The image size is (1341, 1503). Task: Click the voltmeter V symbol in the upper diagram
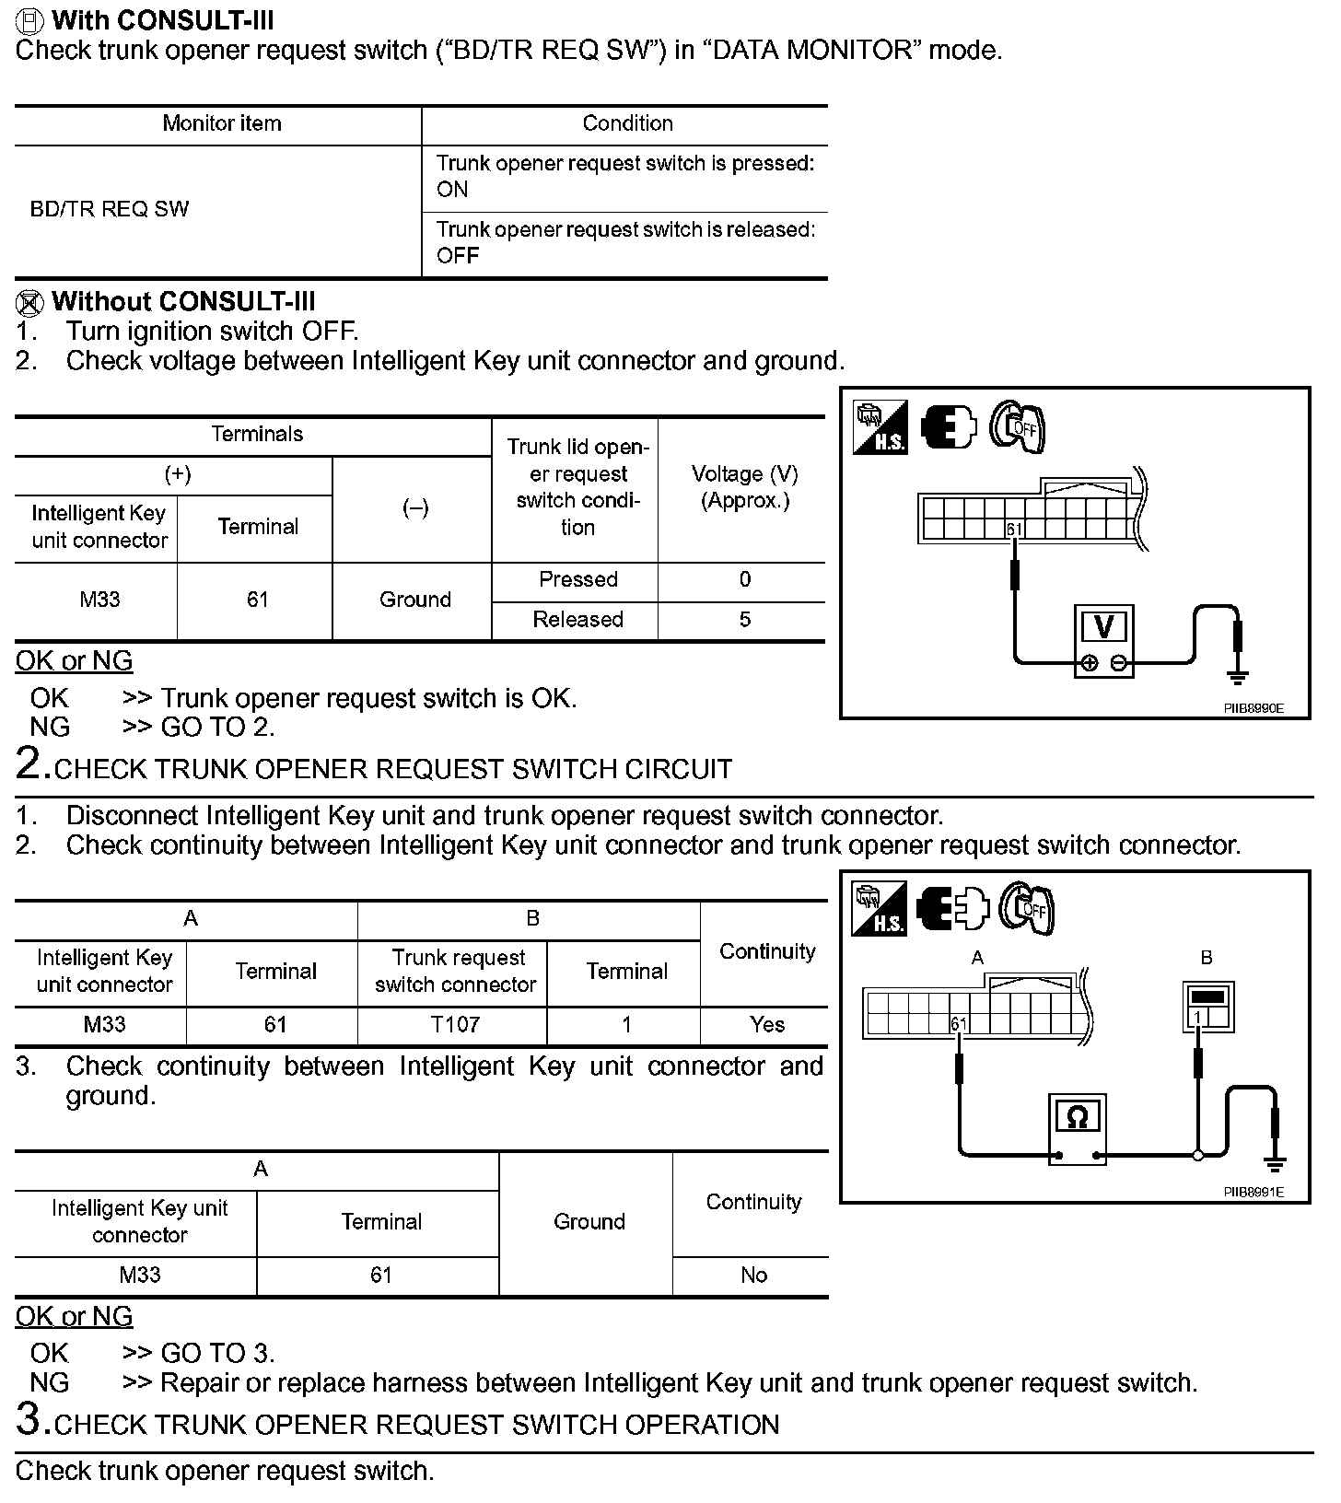click(x=1103, y=627)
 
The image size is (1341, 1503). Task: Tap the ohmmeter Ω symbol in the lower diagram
click(x=1077, y=1117)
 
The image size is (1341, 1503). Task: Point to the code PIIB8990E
click(x=1253, y=708)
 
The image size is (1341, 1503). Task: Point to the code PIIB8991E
click(x=1253, y=1192)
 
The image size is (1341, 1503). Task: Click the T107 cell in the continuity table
click(x=455, y=1025)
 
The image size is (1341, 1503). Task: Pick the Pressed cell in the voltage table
click(x=577, y=579)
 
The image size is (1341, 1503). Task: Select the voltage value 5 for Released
click(x=744, y=620)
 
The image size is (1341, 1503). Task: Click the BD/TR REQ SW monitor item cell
click(x=110, y=209)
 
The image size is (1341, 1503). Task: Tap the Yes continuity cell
click(x=766, y=1025)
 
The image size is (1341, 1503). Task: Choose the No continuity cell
click(x=753, y=1276)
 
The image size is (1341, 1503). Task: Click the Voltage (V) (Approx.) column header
click(x=744, y=487)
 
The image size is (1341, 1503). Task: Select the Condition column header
click(x=627, y=123)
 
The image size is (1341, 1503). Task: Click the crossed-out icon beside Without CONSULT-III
click(x=30, y=302)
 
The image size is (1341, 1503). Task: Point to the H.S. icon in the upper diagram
click(x=880, y=427)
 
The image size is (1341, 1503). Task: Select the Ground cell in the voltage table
click(x=414, y=600)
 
